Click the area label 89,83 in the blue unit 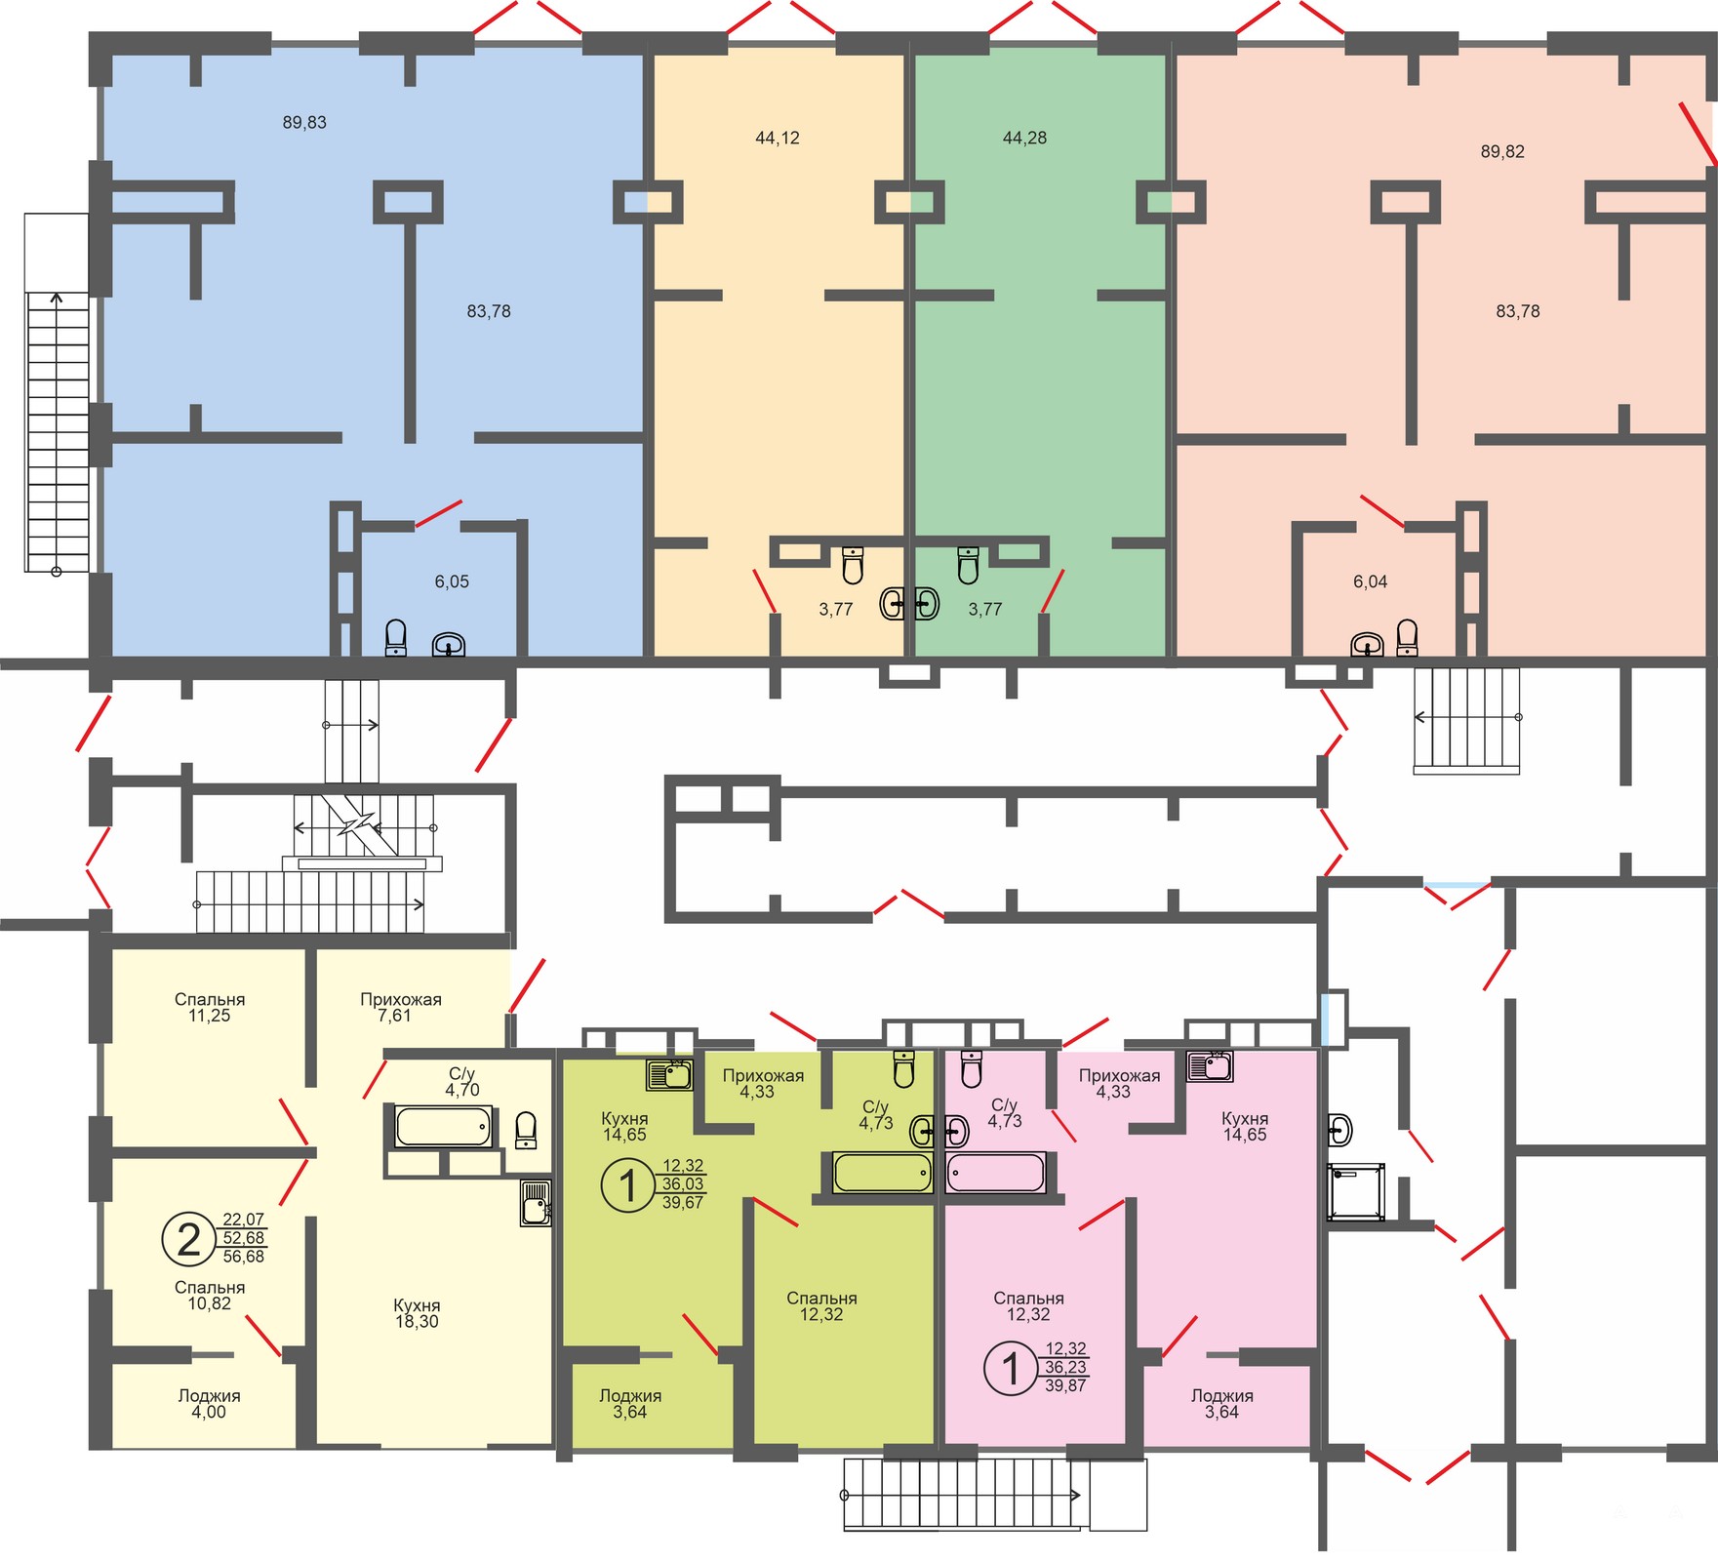pyautogui.click(x=304, y=123)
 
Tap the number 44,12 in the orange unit pyautogui.click(x=778, y=139)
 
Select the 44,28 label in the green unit pyautogui.click(x=1024, y=139)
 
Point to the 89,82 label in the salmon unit pyautogui.click(x=1502, y=152)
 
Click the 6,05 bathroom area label pyautogui.click(x=452, y=582)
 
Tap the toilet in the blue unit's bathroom pyautogui.click(x=396, y=638)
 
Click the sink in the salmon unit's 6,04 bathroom pyautogui.click(x=1367, y=645)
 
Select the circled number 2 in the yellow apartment pyautogui.click(x=188, y=1238)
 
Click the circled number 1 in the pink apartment pyautogui.click(x=1011, y=1368)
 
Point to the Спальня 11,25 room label pyautogui.click(x=210, y=1008)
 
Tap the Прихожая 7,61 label pyautogui.click(x=401, y=1008)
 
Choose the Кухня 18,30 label pyautogui.click(x=417, y=1314)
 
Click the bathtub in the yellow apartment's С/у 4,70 pyautogui.click(x=443, y=1127)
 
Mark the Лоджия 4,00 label pyautogui.click(x=209, y=1404)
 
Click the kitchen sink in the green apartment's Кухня pyautogui.click(x=669, y=1074)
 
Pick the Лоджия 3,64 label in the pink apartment pyautogui.click(x=1221, y=1404)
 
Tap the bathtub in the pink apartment pyautogui.click(x=996, y=1172)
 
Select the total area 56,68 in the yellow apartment pyautogui.click(x=244, y=1257)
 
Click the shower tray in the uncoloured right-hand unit pyautogui.click(x=1356, y=1191)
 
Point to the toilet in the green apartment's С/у pyautogui.click(x=904, y=1068)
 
